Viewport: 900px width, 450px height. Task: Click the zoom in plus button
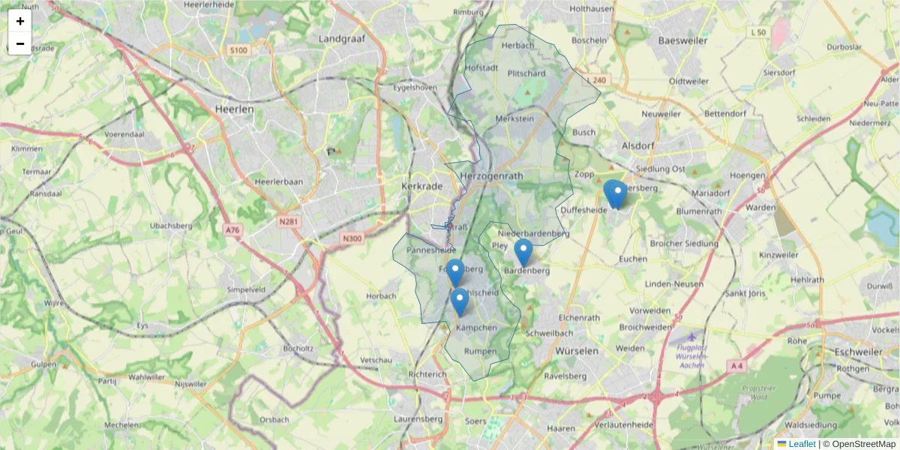coord(20,21)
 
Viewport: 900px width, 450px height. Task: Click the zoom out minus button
coord(20,43)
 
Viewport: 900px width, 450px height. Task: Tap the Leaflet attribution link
coord(802,444)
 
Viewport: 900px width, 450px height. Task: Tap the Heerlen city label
coord(234,109)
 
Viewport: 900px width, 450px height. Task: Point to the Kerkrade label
coord(423,186)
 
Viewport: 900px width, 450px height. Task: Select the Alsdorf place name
coord(638,145)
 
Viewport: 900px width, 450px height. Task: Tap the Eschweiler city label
coord(859,351)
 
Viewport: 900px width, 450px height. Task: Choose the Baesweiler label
coord(682,40)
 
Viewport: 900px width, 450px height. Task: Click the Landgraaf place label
coord(341,37)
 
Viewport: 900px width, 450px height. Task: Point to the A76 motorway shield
coord(232,230)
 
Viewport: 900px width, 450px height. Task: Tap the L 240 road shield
coord(598,80)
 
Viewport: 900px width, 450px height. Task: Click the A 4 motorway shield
coord(737,366)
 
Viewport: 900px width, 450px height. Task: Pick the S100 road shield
coord(238,50)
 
